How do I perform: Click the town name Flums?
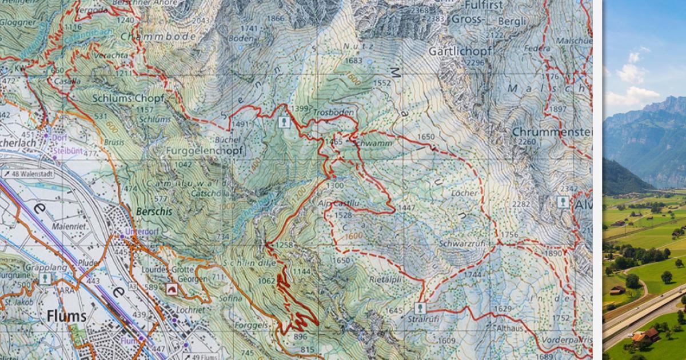pos(67,316)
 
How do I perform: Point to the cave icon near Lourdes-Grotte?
pos(170,289)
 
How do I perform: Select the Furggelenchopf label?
pos(204,151)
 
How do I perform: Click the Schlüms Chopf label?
pos(128,98)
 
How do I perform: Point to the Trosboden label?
pos(333,113)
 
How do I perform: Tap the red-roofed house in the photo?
pos(650,334)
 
